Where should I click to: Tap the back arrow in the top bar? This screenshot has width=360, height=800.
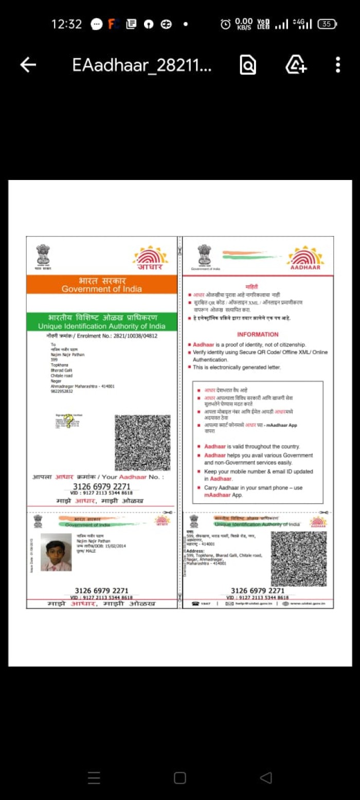(28, 65)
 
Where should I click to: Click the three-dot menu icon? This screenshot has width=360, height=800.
(337, 65)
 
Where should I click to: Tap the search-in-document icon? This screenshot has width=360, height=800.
(247, 65)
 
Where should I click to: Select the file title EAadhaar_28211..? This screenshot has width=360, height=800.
(141, 65)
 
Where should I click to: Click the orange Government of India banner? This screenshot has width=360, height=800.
(102, 284)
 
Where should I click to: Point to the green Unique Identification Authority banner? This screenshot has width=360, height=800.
(102, 322)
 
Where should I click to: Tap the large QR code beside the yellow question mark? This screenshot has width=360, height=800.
(142, 443)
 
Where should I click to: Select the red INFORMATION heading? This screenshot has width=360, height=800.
(258, 334)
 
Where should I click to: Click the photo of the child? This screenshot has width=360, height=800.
(56, 552)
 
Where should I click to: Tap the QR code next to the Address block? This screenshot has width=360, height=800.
(298, 559)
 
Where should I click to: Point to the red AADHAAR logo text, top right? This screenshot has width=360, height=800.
(305, 267)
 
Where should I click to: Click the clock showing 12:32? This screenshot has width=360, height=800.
(66, 24)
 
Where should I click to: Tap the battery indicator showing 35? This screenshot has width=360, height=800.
(327, 24)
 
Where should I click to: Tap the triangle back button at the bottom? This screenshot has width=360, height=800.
(265, 777)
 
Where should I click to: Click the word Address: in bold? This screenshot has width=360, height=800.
(195, 551)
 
